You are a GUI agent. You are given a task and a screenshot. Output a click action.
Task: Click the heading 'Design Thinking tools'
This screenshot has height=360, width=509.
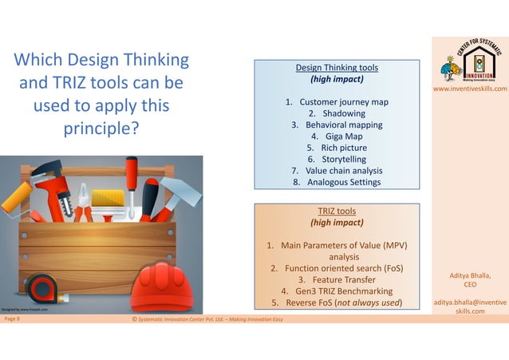[x=336, y=68]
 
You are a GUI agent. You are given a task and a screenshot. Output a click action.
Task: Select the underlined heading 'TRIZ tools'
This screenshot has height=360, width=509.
[x=336, y=211]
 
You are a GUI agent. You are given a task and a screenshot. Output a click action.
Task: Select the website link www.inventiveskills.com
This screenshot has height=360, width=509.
[x=470, y=89]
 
